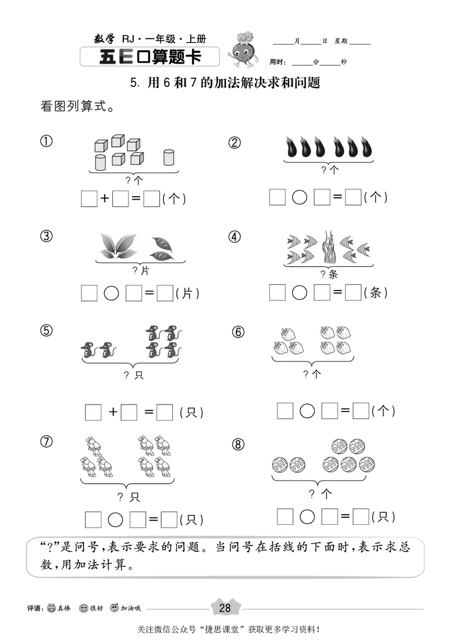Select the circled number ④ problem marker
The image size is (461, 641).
coord(234,236)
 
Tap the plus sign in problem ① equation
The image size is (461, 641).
coord(105,199)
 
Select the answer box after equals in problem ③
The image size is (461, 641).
coord(165,293)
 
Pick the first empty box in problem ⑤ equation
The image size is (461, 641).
coord(93,412)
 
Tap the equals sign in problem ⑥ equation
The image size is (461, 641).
coord(345,411)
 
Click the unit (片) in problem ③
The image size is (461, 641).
coord(187,293)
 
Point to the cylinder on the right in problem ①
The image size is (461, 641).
coord(169,157)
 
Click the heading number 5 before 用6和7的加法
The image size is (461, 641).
coord(134,83)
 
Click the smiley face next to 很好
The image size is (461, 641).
coord(84,609)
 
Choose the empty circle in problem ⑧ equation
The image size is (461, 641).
coord(307,516)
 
